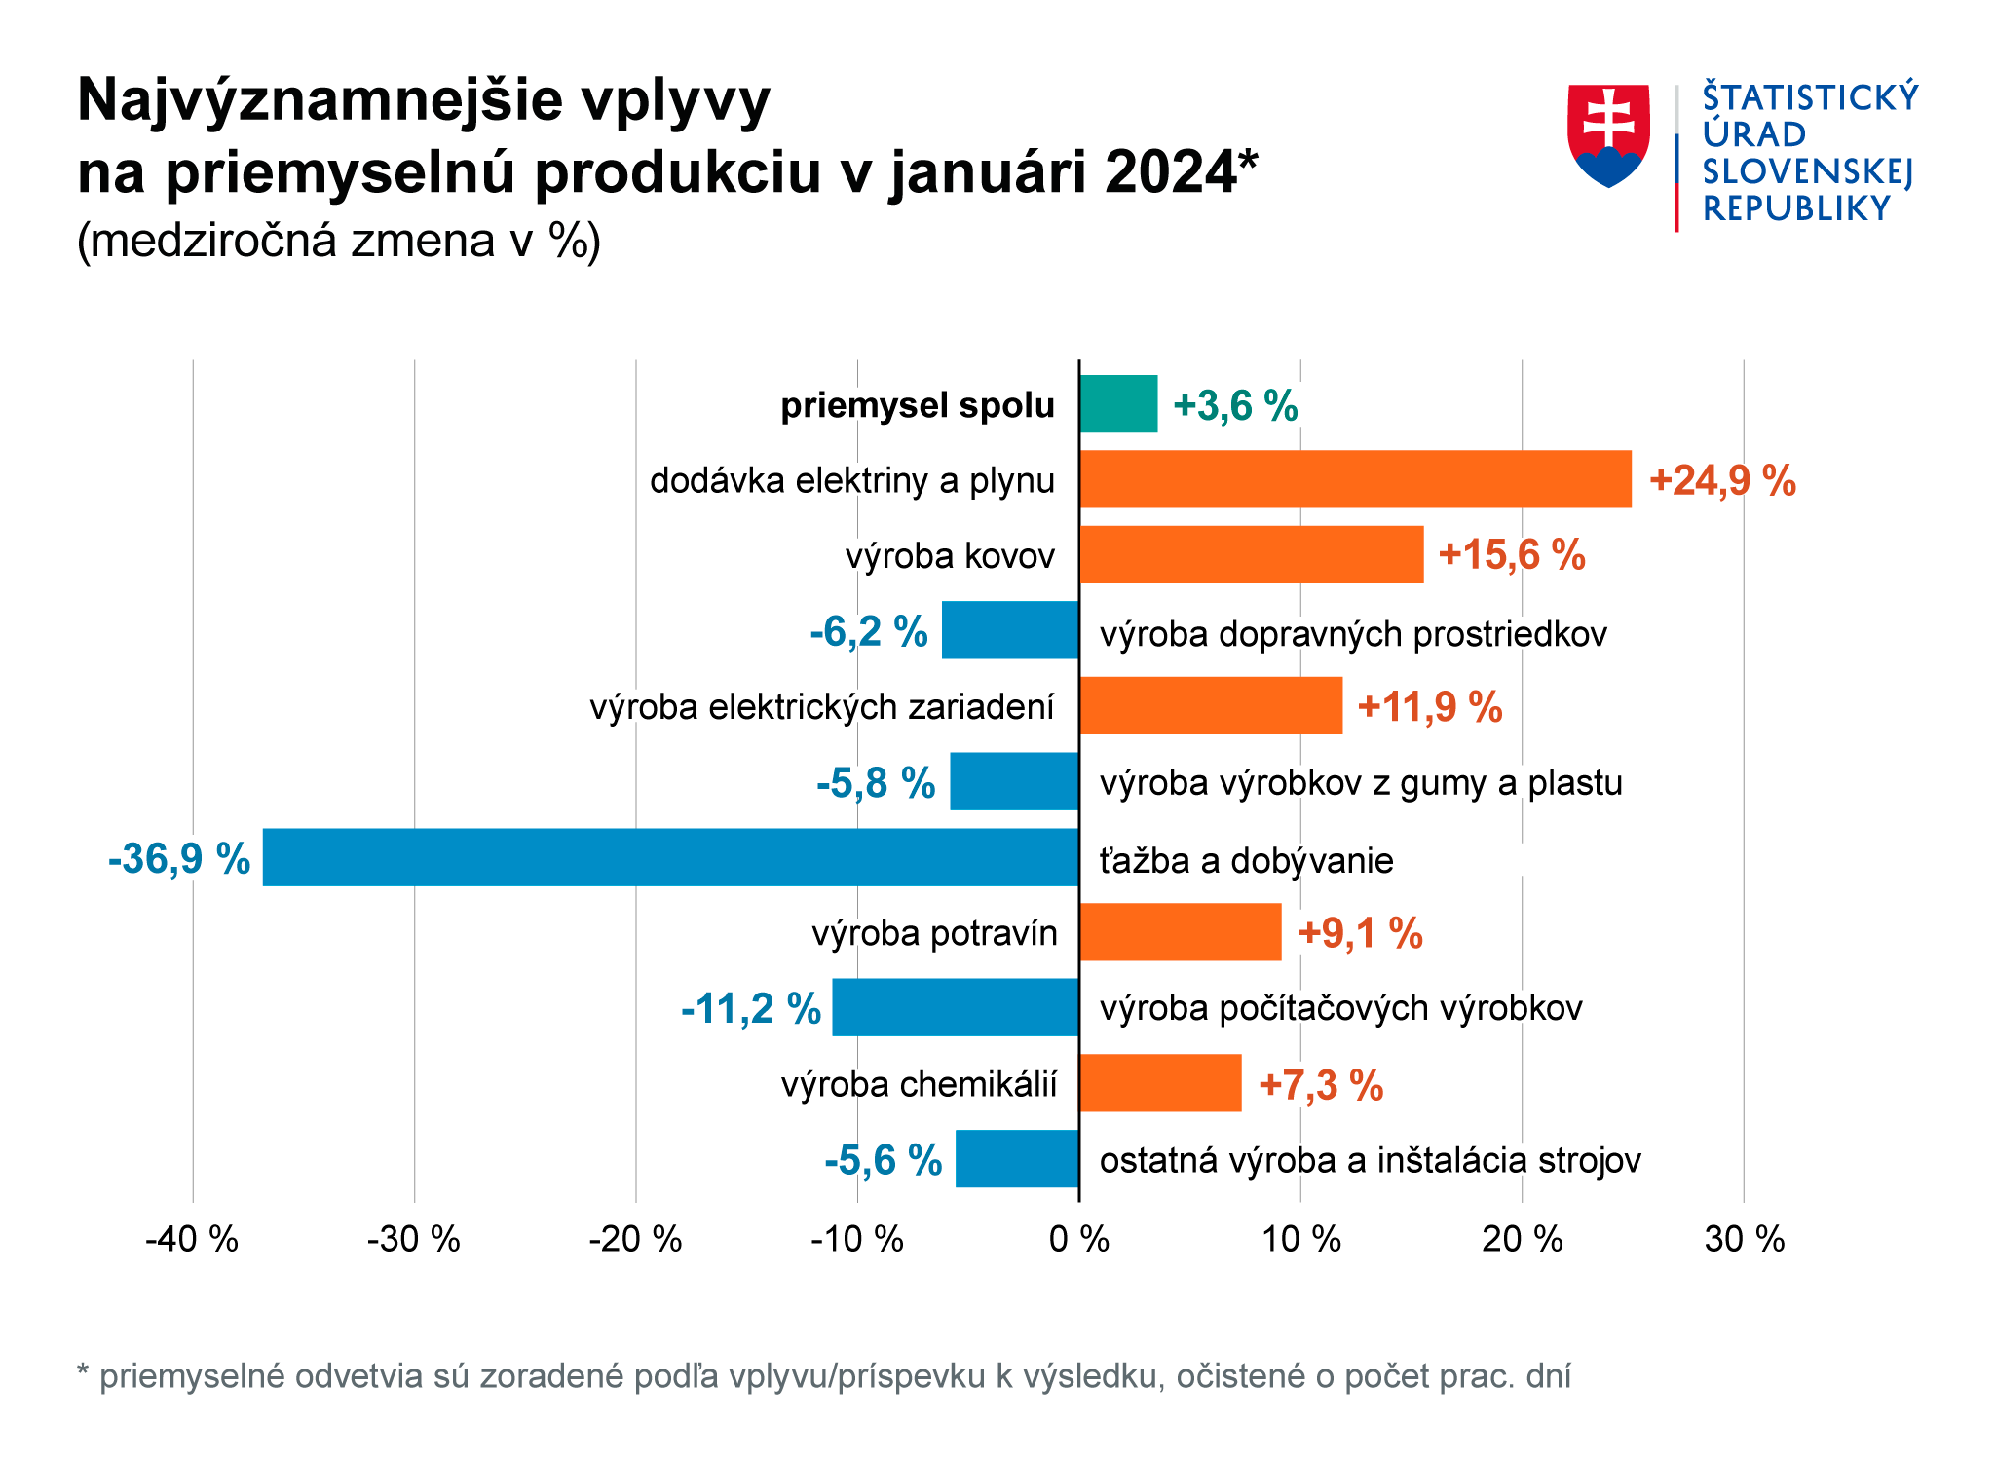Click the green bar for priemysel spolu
pyautogui.click(x=1118, y=403)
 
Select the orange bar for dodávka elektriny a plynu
pyautogui.click(x=1355, y=479)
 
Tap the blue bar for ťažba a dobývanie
pyautogui.click(x=670, y=857)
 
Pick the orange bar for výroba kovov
pyautogui.click(x=1251, y=555)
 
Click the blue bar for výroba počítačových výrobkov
pyautogui.click(x=955, y=1007)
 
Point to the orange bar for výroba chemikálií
pyautogui.click(x=1160, y=1083)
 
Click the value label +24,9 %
pyautogui.click(x=1722, y=480)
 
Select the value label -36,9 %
pyautogui.click(x=179, y=859)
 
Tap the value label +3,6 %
pyautogui.click(x=1235, y=405)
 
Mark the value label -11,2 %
pyautogui.click(x=751, y=1009)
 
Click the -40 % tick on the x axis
pyautogui.click(x=192, y=1240)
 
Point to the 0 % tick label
pyautogui.click(x=1079, y=1240)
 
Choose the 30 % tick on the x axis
pyautogui.click(x=1745, y=1240)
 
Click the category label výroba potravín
pyautogui.click(x=934, y=933)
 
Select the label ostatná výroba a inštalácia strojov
pyautogui.click(x=1370, y=1160)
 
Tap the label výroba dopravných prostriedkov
pyautogui.click(x=1353, y=634)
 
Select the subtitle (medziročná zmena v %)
pyautogui.click(x=338, y=241)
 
